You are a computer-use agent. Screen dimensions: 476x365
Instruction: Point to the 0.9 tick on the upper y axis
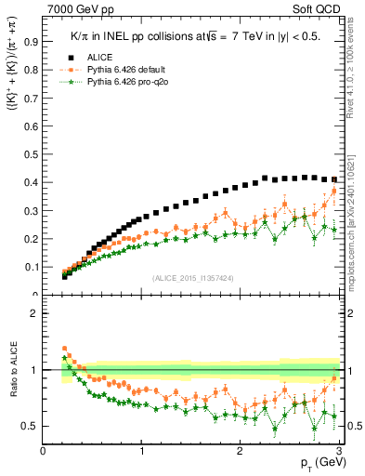pos(32,42)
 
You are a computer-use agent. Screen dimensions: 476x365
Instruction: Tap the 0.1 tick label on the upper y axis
pos(32,267)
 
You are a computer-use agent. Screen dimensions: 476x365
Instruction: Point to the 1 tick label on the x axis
pos(141,451)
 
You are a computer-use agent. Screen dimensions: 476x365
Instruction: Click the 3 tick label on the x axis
pos(338,451)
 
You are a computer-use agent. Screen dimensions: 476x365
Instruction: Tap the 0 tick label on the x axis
pos(44,451)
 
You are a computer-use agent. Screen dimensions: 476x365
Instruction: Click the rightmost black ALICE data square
pos(334,179)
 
